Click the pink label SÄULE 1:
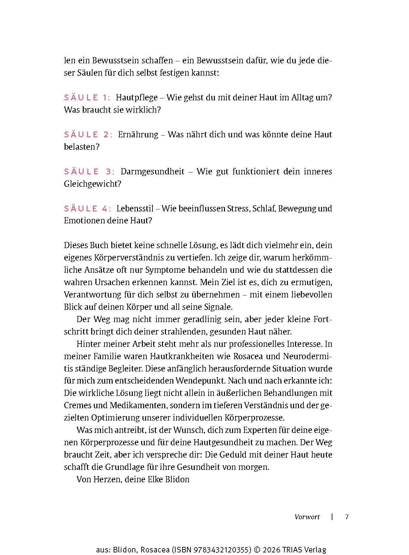click(x=87, y=97)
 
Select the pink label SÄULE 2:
click(x=88, y=134)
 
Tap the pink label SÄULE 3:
click(x=89, y=171)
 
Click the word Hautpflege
click(x=137, y=97)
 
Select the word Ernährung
click(x=138, y=134)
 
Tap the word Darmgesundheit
click(x=153, y=171)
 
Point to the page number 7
click(x=347, y=517)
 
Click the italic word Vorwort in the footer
click(x=307, y=517)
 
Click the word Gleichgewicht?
click(x=93, y=184)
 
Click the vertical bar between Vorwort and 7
click(x=332, y=517)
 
